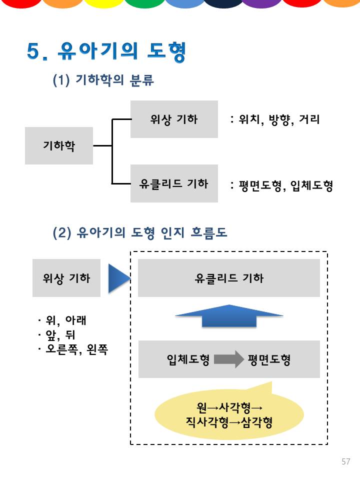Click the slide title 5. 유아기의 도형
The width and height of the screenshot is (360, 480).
click(x=106, y=51)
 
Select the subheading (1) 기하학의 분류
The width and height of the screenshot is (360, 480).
click(x=103, y=80)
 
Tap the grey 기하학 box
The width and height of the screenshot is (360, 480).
click(x=59, y=145)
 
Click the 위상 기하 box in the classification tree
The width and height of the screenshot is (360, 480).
click(x=174, y=119)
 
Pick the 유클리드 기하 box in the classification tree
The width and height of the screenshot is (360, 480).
click(x=174, y=183)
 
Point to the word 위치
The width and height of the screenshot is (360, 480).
click(x=250, y=120)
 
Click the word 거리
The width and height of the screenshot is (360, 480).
click(x=309, y=120)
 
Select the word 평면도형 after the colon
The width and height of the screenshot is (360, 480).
click(x=259, y=186)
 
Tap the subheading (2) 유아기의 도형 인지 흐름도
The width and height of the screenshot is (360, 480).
click(x=140, y=232)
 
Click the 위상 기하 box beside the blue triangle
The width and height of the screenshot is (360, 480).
click(x=66, y=278)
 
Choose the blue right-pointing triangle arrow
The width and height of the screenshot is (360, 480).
click(x=118, y=278)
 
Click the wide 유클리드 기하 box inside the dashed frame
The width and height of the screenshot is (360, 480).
click(x=229, y=278)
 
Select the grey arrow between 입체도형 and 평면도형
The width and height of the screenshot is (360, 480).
click(x=228, y=359)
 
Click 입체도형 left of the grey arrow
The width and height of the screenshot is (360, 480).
click(x=188, y=359)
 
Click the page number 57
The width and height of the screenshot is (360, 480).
click(x=346, y=461)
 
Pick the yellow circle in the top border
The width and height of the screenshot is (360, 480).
click(x=102, y=3)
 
